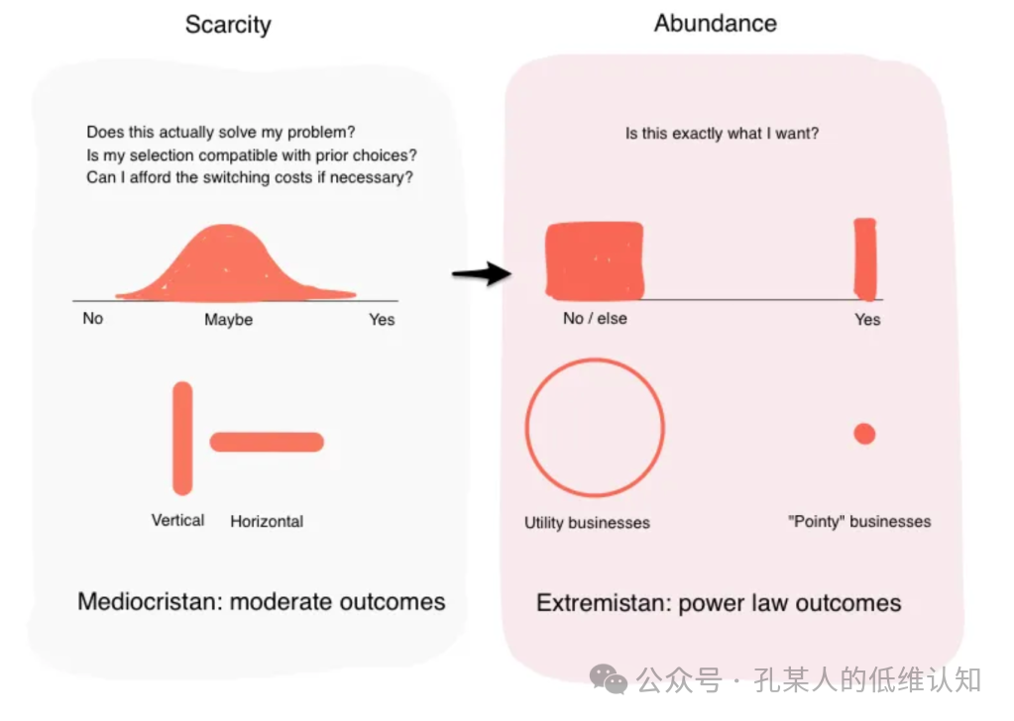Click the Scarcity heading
click(228, 25)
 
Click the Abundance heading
click(715, 24)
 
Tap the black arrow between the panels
click(481, 273)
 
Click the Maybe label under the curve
click(228, 320)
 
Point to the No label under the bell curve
click(92, 319)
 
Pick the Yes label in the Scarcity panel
click(382, 319)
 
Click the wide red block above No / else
click(595, 259)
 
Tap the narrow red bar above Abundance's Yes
click(866, 258)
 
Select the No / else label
click(595, 319)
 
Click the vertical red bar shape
click(182, 437)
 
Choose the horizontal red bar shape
click(267, 442)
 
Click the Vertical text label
click(178, 520)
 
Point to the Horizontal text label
click(267, 521)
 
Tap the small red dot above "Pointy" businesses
click(864, 434)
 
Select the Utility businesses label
click(587, 522)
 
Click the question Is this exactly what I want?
click(722, 133)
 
